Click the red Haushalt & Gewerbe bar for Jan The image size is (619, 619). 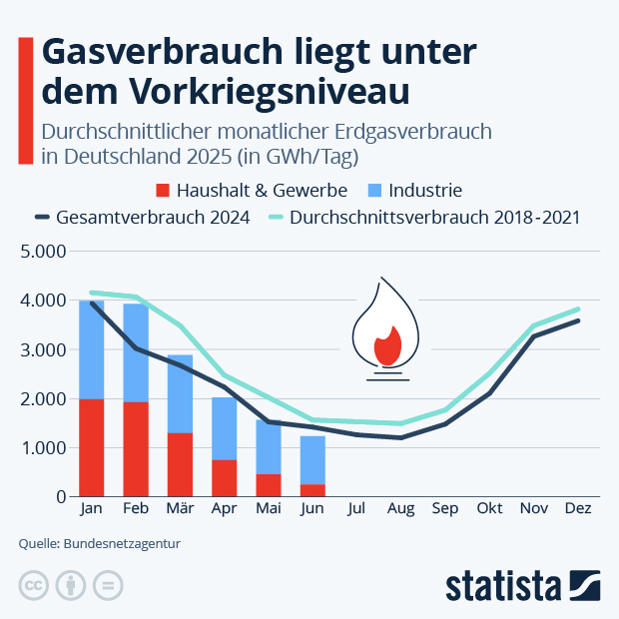[x=92, y=447]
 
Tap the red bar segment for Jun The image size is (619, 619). [x=312, y=490]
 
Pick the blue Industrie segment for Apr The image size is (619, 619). [x=225, y=428]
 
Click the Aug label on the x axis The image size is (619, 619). [x=400, y=509]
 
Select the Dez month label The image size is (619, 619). [x=577, y=509]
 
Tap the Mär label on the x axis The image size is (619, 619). [x=180, y=509]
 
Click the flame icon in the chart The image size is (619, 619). [x=387, y=329]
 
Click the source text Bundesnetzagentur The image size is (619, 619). [x=122, y=544]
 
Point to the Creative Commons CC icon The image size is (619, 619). [x=34, y=585]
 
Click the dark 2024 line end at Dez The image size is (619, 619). [x=577, y=320]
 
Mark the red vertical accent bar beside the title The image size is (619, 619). [x=26, y=100]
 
